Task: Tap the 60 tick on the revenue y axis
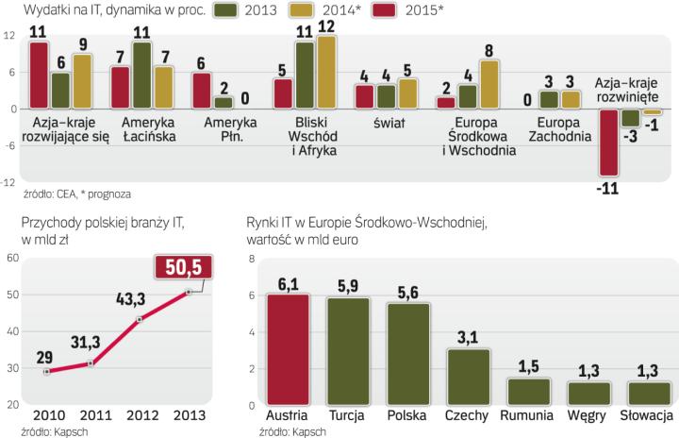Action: click(12, 259)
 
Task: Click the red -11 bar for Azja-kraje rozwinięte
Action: click(611, 142)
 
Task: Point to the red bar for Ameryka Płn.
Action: click(202, 91)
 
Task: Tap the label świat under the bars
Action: click(387, 123)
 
